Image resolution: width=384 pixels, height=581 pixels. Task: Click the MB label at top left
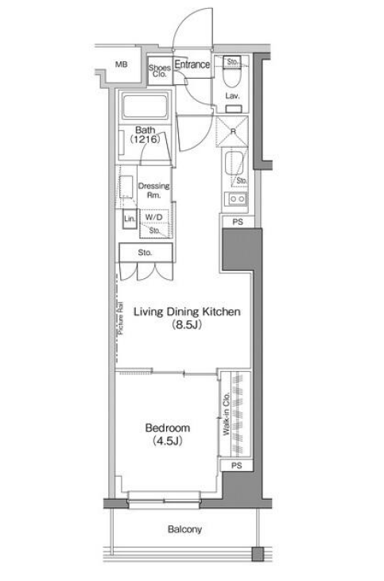[x=121, y=64]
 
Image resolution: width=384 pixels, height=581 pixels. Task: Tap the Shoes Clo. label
[x=159, y=71]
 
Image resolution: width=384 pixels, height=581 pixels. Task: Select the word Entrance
[x=192, y=64]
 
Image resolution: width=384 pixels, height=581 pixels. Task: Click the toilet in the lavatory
[x=232, y=76]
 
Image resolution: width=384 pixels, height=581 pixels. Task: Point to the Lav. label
[x=232, y=96]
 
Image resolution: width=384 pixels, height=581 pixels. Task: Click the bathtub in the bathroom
[x=145, y=107]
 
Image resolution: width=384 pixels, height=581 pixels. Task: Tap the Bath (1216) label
[x=145, y=135]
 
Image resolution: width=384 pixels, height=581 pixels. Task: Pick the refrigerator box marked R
[x=232, y=131]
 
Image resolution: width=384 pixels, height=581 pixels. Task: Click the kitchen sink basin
[x=234, y=162]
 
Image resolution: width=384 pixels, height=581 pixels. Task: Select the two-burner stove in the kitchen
[x=237, y=199]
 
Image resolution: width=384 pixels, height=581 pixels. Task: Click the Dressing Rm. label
[x=153, y=191]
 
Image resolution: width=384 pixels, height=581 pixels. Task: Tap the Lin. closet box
[x=130, y=219]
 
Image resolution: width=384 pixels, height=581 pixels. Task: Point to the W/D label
[x=153, y=217]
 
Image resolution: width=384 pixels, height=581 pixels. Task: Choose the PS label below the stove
[x=238, y=222]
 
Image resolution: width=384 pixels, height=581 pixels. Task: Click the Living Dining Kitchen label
[x=187, y=318]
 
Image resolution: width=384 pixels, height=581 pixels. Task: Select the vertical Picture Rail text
[x=121, y=319]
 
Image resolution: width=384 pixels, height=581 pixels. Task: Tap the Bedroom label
[x=168, y=434]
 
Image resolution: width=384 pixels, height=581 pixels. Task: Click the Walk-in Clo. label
[x=227, y=413]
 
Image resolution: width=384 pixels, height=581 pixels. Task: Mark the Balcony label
[x=184, y=529]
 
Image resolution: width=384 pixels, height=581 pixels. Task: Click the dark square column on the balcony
[x=258, y=553]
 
